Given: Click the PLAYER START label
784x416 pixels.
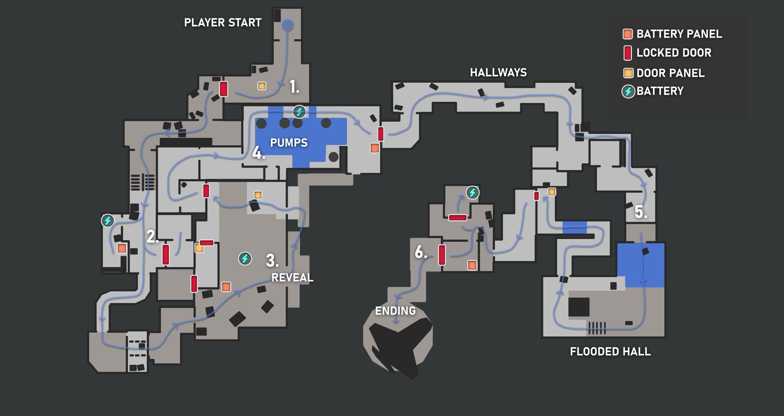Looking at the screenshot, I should pos(222,23).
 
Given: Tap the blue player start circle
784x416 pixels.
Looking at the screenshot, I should pos(287,25).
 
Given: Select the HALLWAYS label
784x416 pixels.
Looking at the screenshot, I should pos(498,72).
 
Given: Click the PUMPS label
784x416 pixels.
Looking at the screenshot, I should pos(289,143).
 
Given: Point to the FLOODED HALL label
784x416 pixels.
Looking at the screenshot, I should pos(610,352).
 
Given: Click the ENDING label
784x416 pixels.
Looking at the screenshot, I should pos(395,311).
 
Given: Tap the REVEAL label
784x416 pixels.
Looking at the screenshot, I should pos(292,278).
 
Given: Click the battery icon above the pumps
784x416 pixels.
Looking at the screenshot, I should pos(299,112).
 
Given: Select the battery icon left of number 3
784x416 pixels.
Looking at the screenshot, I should pos(245,258).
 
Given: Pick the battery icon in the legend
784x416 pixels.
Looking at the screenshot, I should pos(628,92).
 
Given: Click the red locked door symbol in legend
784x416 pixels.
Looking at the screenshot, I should pos(627,53).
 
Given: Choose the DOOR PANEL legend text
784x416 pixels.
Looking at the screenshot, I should pos(670,73).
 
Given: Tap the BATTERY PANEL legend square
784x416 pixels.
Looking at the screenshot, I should pos(628,34).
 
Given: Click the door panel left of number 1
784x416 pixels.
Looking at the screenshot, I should pos(262,86).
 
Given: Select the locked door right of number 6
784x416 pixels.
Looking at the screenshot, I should pos(442,255).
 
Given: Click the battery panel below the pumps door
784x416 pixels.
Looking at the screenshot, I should pos(375,148).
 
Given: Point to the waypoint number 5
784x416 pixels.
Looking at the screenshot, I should pos(641,212).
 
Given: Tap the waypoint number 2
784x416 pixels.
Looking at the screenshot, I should pos(152,237).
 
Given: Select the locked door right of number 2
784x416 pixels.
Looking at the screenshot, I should pos(166,254).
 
